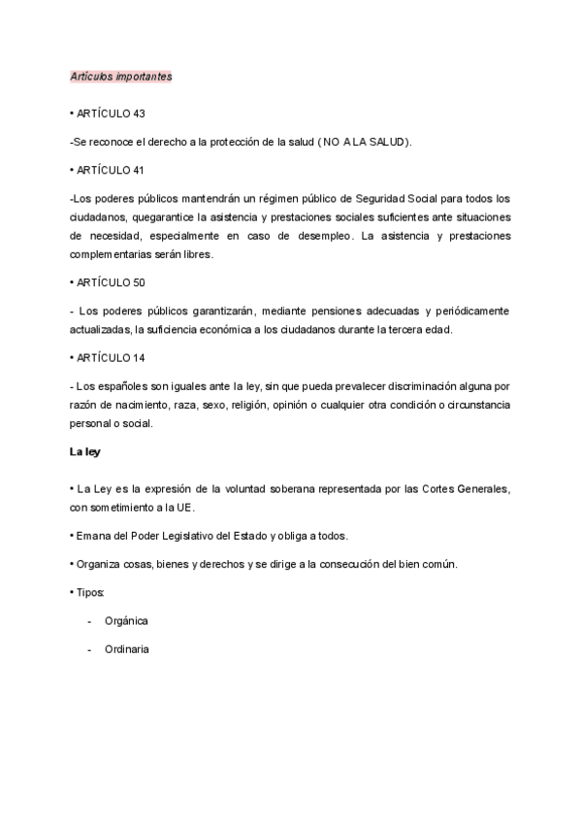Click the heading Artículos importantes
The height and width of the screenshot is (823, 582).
tap(121, 76)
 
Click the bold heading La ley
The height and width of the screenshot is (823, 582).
tap(85, 451)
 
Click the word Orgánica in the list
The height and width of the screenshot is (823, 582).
tap(126, 620)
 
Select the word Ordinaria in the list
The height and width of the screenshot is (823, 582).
tap(127, 648)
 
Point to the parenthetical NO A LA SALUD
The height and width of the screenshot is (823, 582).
tap(365, 142)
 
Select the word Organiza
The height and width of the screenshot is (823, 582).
tap(98, 563)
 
